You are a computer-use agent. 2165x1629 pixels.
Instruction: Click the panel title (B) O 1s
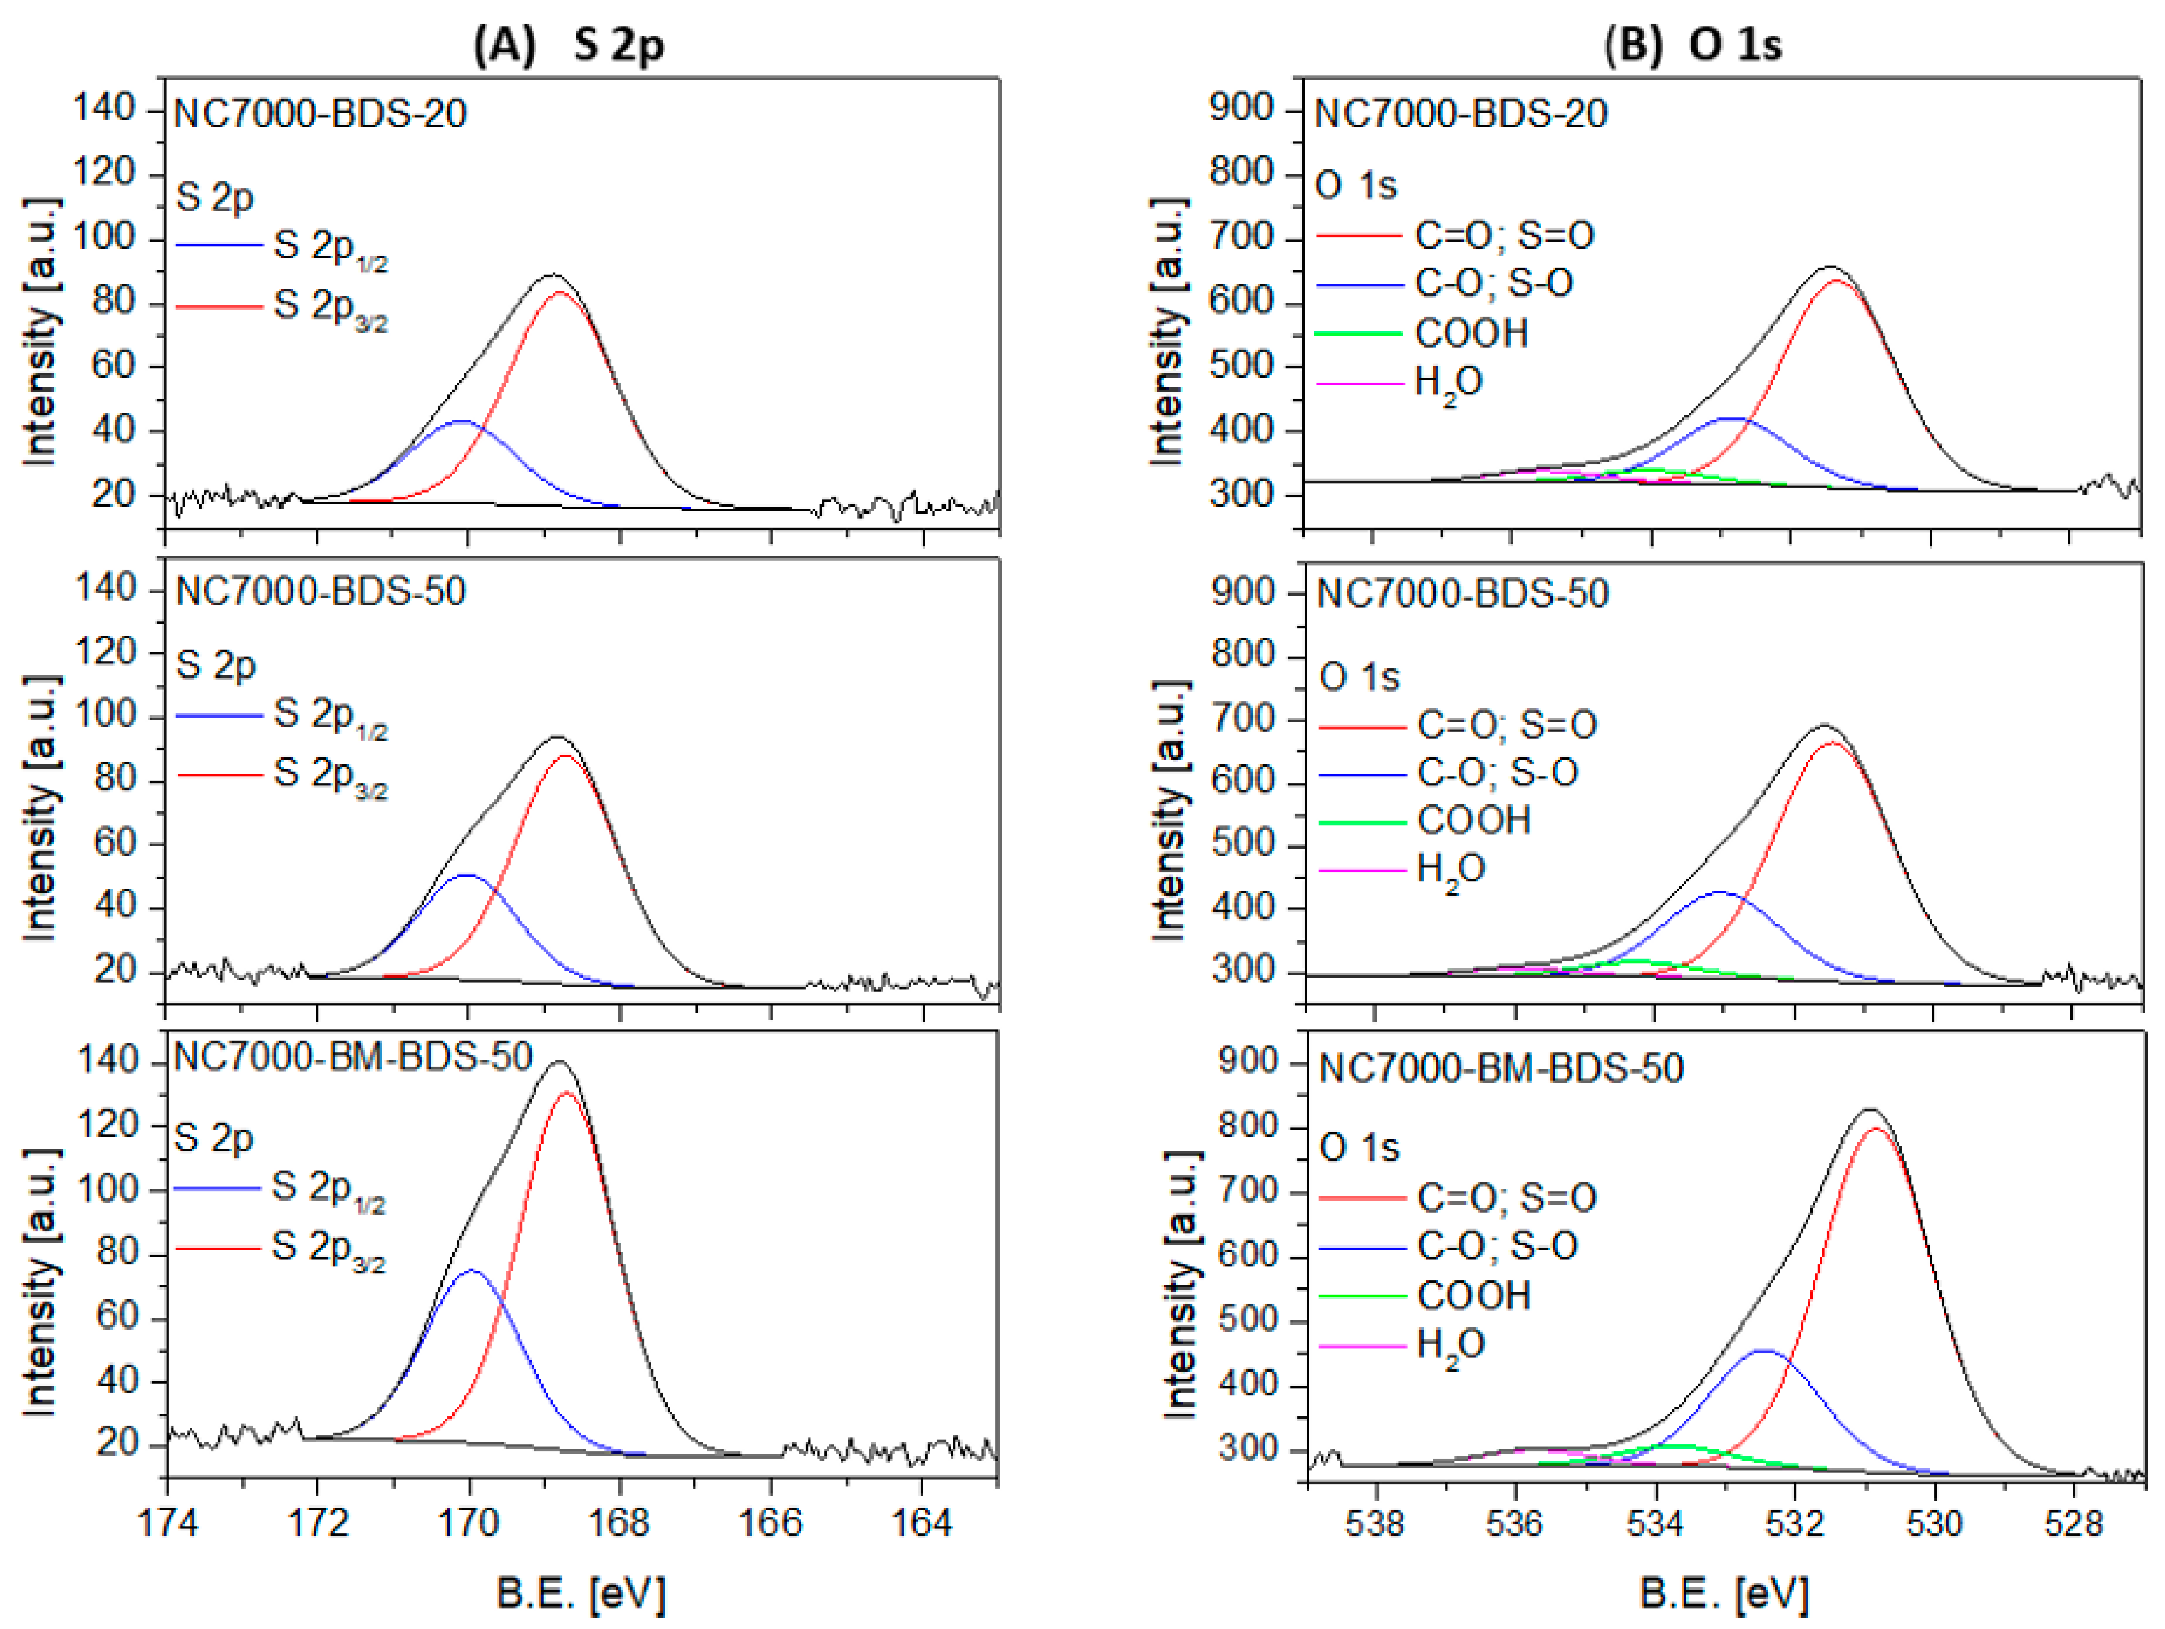tap(1693, 45)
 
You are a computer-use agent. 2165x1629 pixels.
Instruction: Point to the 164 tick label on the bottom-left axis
tap(922, 1524)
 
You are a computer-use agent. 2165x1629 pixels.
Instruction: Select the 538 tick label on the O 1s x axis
tap(1375, 1524)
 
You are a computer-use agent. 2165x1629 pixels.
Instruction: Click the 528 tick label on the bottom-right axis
tap(2073, 1524)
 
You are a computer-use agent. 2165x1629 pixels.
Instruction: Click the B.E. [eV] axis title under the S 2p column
tap(581, 1595)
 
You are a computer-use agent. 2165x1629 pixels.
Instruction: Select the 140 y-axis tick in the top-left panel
tap(105, 108)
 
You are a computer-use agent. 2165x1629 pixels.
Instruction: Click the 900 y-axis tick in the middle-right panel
tap(1243, 592)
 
